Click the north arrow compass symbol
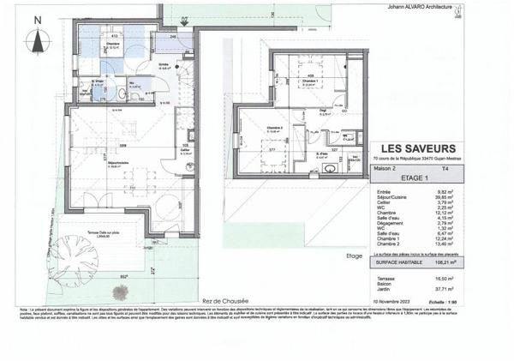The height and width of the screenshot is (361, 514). [38, 39]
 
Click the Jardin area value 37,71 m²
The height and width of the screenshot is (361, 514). [452, 289]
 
